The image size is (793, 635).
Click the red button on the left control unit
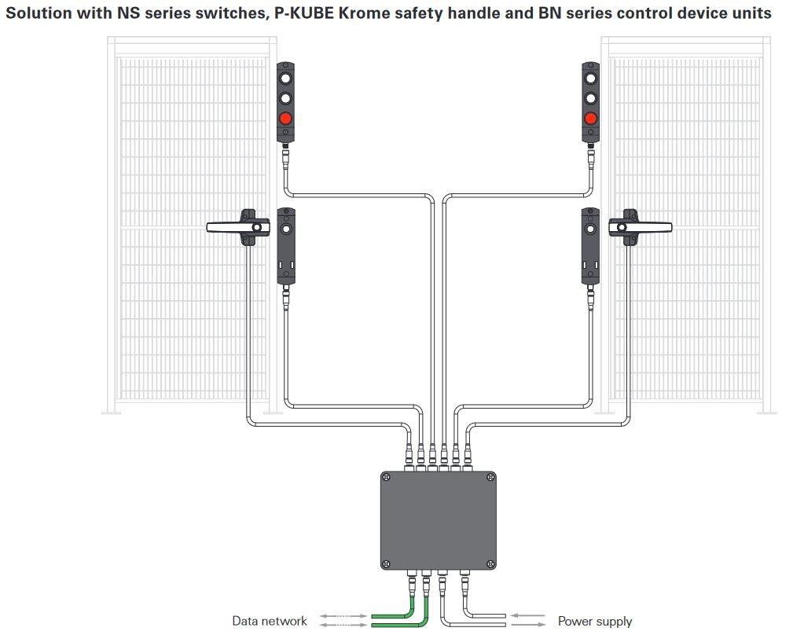(285, 119)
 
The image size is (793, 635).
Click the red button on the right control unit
(590, 119)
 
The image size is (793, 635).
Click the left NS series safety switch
(286, 245)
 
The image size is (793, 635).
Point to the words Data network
(270, 621)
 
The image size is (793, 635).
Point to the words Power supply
(595, 621)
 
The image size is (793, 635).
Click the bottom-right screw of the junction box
(490, 563)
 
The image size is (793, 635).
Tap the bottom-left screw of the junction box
(387, 563)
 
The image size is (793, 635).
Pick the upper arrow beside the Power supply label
(527, 616)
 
